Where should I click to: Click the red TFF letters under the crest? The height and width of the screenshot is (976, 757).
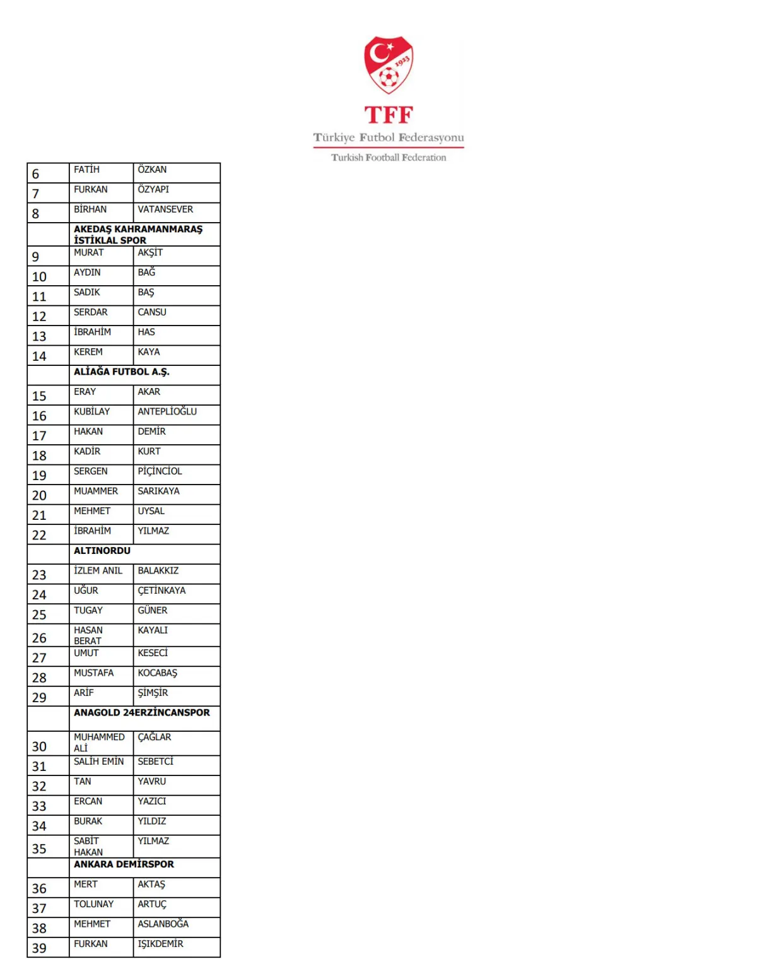click(389, 115)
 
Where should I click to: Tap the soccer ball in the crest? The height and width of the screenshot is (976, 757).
click(389, 79)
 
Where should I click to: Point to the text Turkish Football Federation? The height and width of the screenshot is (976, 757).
click(389, 158)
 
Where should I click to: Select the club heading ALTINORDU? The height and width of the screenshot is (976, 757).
click(102, 551)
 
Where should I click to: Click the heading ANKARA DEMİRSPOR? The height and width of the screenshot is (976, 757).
click(124, 864)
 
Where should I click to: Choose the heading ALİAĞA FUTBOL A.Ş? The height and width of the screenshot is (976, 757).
click(121, 372)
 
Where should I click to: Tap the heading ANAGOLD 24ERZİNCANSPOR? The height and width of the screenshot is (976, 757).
click(142, 713)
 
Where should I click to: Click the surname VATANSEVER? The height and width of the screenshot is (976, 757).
click(165, 209)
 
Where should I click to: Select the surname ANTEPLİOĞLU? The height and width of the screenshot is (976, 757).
click(167, 412)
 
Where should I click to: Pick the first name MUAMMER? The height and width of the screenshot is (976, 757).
click(96, 491)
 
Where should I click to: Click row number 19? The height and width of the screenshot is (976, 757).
click(39, 476)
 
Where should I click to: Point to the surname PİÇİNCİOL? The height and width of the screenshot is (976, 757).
click(160, 471)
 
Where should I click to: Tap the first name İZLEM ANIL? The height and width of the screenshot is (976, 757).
click(98, 571)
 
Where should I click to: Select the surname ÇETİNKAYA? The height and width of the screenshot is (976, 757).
click(161, 591)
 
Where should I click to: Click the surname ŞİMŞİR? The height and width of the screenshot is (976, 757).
click(153, 693)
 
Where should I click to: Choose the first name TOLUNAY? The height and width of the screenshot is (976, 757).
click(93, 904)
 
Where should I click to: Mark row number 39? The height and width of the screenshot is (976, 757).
click(39, 948)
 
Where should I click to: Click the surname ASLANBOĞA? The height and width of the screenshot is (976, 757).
click(163, 924)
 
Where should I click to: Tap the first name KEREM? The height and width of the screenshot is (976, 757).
click(88, 352)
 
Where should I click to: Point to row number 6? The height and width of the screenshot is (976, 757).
click(35, 174)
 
